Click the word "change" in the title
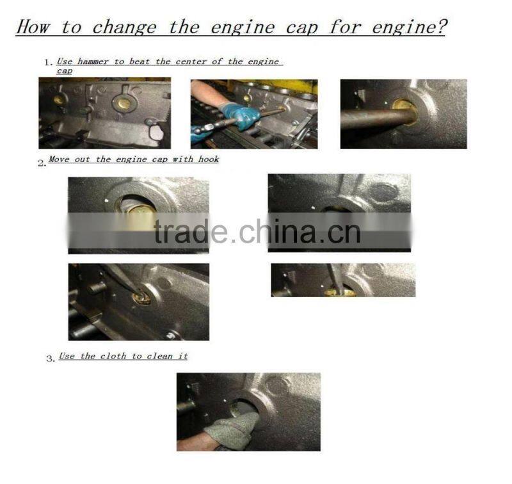[x=124, y=28]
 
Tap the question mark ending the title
[x=441, y=26]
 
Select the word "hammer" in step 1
[x=93, y=61]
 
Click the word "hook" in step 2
[x=209, y=159]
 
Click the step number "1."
[x=49, y=62]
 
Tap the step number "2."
[x=42, y=163]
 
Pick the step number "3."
[x=51, y=359]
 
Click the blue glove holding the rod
[x=240, y=115]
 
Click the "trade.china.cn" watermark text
[x=257, y=232]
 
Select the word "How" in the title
[x=33, y=26]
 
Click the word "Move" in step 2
[x=59, y=159]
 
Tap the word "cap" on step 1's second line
[x=65, y=70]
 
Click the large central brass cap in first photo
[x=124, y=103]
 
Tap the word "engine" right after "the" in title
[x=243, y=28]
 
